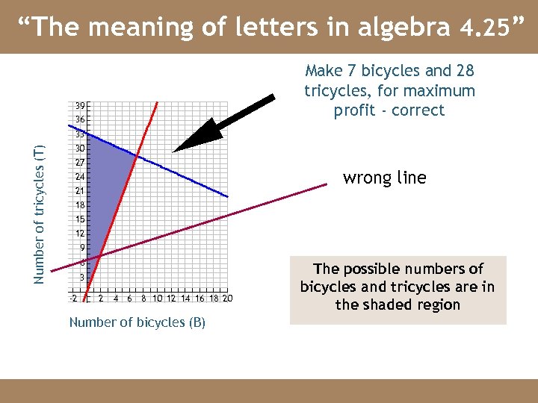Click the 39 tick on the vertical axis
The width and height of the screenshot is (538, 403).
point(79,105)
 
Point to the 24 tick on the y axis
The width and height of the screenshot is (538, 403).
point(79,177)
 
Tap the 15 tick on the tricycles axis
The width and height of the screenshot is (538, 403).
point(79,219)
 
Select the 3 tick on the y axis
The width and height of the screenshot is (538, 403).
point(81,277)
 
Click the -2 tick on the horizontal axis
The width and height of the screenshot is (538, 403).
point(72,299)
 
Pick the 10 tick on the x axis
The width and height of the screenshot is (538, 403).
point(157,299)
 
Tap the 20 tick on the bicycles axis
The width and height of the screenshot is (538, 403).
point(227,299)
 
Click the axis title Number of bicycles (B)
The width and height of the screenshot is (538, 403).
point(137,322)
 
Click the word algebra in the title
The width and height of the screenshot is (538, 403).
point(404,28)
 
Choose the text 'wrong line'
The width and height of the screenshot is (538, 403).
point(384,178)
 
